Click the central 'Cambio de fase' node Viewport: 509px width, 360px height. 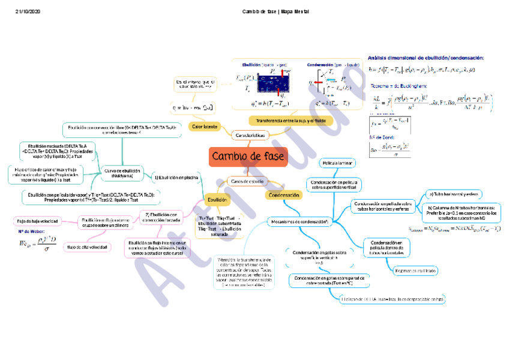point(248,157)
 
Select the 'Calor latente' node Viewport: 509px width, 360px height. point(204,126)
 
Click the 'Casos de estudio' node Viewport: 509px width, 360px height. point(248,181)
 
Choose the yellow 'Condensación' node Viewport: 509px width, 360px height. point(284,195)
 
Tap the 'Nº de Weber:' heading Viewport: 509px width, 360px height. point(29,231)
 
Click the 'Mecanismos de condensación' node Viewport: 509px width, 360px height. point(298,221)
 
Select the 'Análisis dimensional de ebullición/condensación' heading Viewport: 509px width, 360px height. point(426,58)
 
